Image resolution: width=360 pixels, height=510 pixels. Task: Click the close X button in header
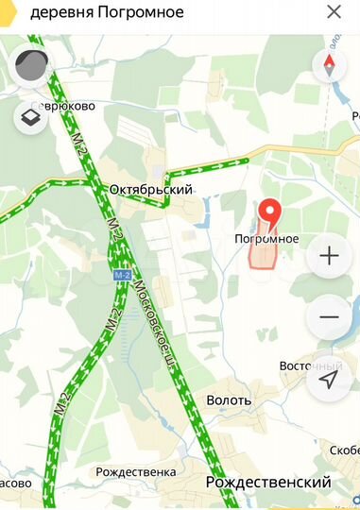coord(334,12)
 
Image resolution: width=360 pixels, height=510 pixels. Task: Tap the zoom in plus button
coord(329,256)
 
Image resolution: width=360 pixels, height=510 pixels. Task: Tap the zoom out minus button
coord(329,316)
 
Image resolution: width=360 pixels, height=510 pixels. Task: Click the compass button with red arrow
coord(329,64)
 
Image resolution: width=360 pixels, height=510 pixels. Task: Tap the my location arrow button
coord(329,379)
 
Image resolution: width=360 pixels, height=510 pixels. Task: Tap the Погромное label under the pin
coord(266,239)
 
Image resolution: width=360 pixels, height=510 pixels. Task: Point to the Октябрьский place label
coord(150,189)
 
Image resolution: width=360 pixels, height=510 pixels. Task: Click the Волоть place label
coord(229,399)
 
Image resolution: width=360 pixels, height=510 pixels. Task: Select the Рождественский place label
coord(268,483)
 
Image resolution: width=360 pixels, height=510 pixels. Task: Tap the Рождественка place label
coord(136,471)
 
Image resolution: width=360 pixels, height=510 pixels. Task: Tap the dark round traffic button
coord(31,65)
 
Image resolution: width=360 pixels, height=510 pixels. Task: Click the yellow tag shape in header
coord(5,12)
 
